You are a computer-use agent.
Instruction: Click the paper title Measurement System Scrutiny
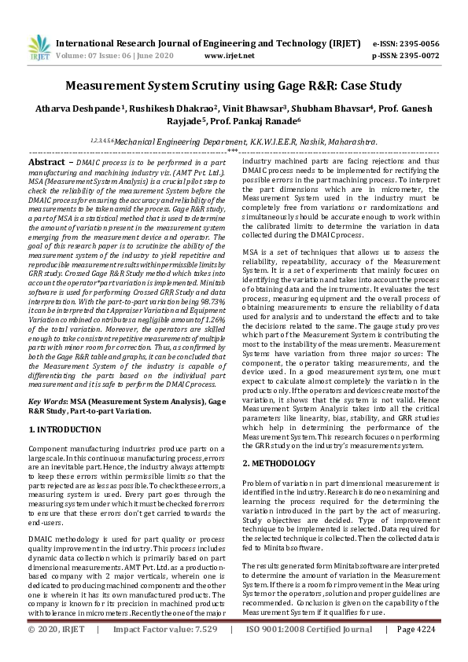tap(233, 85)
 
